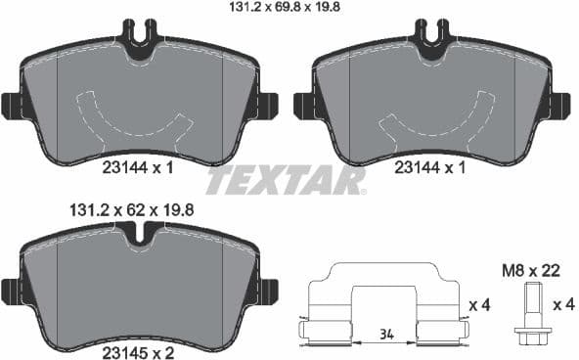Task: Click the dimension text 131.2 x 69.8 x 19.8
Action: click(289, 9)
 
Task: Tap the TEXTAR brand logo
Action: click(286, 181)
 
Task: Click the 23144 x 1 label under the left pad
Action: click(137, 167)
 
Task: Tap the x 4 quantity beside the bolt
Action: click(562, 306)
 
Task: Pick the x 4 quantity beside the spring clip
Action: click(478, 306)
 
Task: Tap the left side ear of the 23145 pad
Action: click(11, 290)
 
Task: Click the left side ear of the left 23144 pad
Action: click(11, 104)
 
